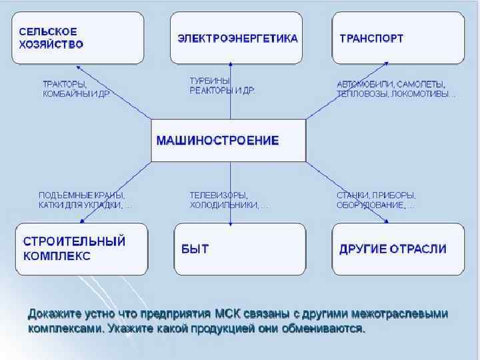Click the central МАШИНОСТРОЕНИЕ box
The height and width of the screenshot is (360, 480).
click(x=228, y=141)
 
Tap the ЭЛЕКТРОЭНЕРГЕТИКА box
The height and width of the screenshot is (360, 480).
click(x=238, y=38)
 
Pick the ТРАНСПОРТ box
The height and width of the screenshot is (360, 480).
click(x=398, y=38)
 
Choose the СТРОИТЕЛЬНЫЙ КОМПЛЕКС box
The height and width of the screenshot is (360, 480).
click(x=81, y=249)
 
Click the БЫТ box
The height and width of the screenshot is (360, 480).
click(x=239, y=249)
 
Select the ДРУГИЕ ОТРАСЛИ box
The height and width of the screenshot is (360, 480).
click(x=398, y=249)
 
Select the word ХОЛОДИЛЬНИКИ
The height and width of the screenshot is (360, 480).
click(x=224, y=205)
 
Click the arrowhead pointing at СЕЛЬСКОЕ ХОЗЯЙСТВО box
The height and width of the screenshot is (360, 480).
click(x=79, y=67)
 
